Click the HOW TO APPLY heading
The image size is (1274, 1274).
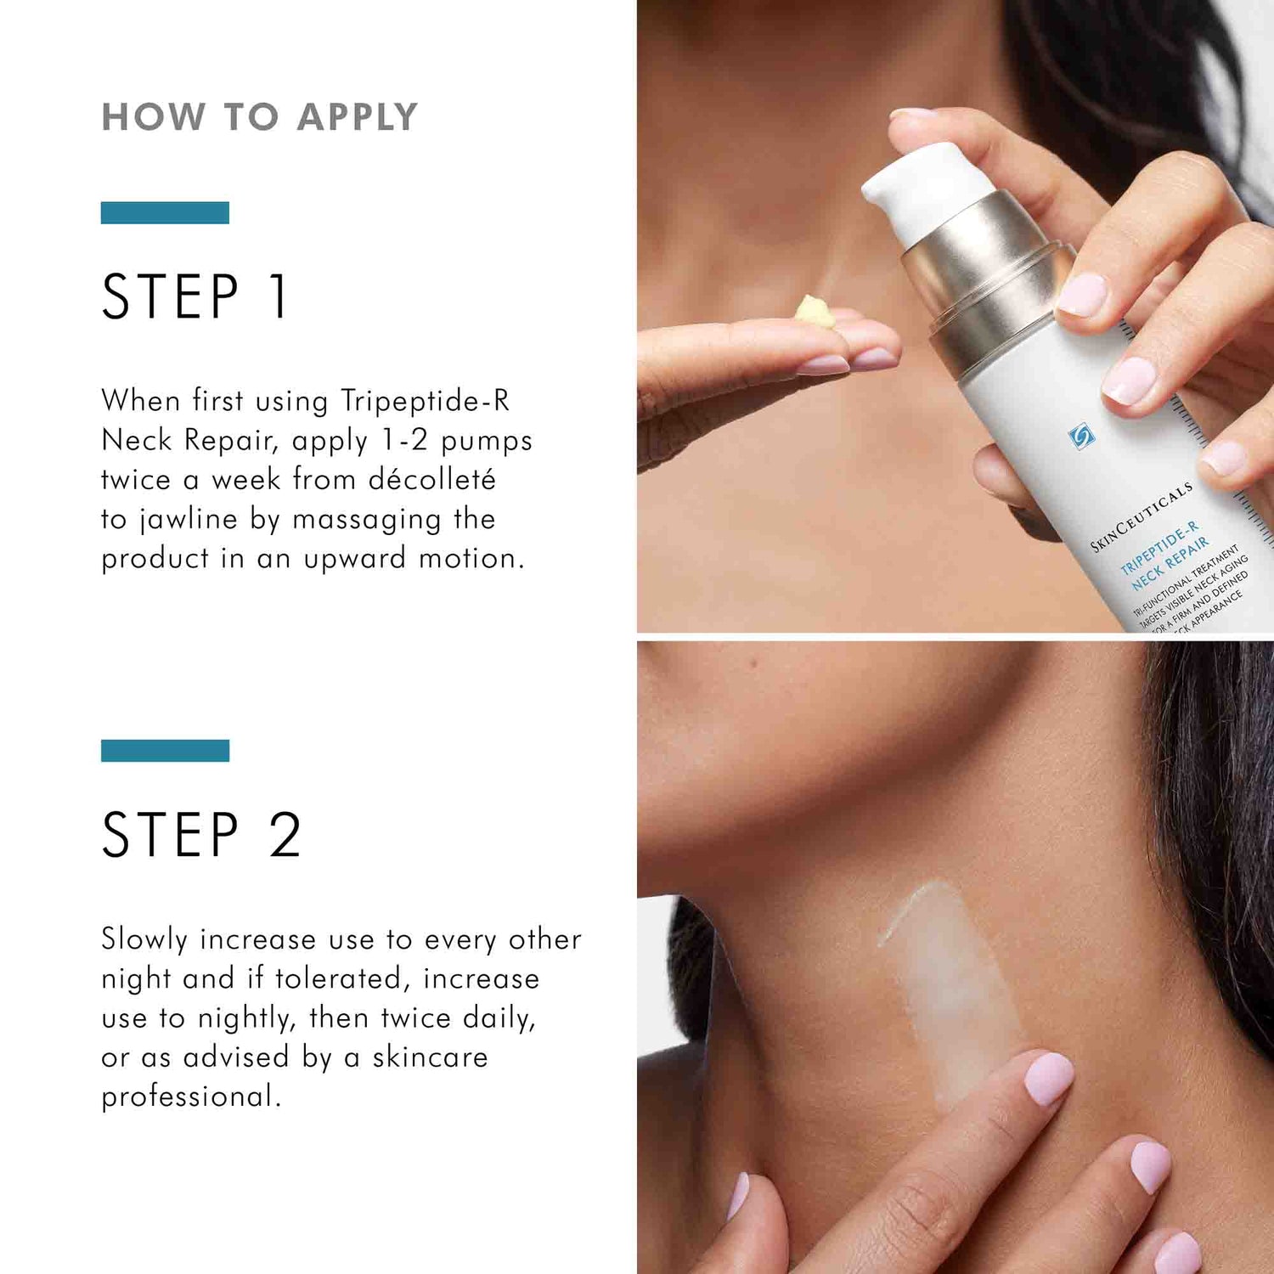[x=259, y=117]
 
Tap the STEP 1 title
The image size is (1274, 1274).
[x=195, y=297]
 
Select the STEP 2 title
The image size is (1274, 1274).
[x=201, y=835]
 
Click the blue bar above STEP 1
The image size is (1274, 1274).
[x=165, y=212]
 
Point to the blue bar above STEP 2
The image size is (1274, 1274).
[x=165, y=750]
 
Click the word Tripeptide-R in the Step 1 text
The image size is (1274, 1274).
[x=425, y=401]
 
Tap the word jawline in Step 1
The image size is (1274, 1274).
[x=189, y=520]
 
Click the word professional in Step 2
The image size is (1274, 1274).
[x=190, y=1096]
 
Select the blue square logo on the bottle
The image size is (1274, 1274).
[x=1080, y=436]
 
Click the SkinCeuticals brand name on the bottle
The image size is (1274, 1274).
[x=1142, y=516]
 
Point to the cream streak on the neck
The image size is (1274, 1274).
[x=947, y=977]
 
